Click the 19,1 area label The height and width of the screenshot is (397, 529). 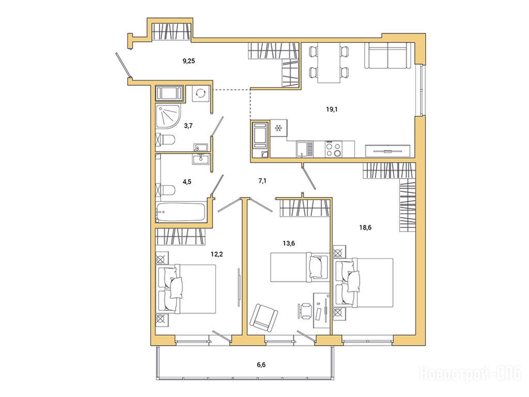[x=332, y=110]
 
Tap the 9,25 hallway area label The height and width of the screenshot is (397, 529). [x=189, y=61]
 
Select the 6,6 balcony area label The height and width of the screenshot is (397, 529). [x=261, y=364]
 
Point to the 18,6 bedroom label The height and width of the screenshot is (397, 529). [x=365, y=227]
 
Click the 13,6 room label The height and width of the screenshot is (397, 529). [x=289, y=243]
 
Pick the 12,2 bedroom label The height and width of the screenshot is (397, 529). [x=217, y=254]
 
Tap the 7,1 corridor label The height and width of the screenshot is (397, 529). [x=262, y=181]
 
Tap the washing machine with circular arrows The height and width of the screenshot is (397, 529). [x=200, y=93]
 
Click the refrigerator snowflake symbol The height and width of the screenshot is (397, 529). [x=278, y=128]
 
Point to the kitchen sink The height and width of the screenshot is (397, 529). [x=305, y=149]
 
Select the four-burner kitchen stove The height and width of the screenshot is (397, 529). [x=333, y=149]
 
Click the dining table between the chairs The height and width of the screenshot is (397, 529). [x=329, y=63]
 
